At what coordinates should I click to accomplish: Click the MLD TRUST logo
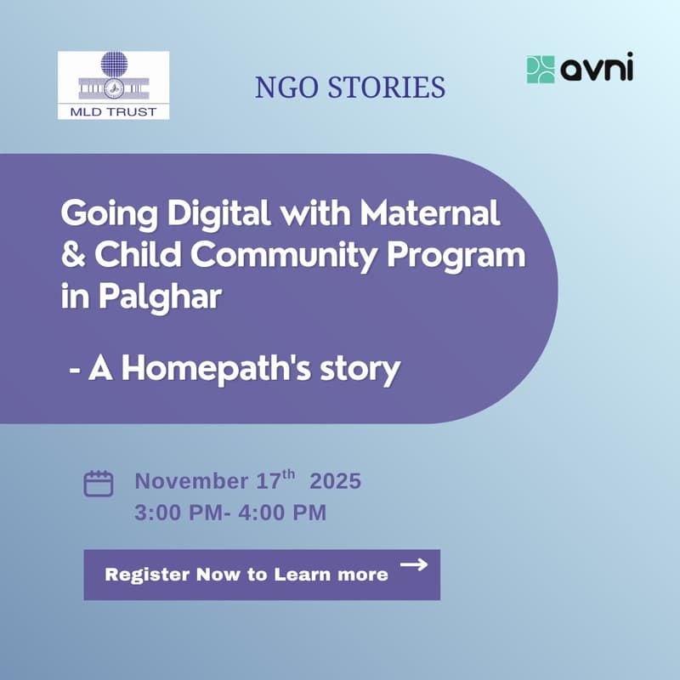[x=113, y=85]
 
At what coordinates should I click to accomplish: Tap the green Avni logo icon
[x=541, y=69]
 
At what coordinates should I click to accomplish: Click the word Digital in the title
[x=220, y=215]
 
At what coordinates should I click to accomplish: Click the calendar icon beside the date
[x=99, y=484]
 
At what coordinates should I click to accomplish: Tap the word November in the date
[x=192, y=481]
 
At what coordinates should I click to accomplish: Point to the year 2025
[x=335, y=481]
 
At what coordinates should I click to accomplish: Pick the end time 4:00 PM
[x=285, y=513]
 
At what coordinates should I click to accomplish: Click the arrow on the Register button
[x=413, y=564]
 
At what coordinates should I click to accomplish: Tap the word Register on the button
[x=147, y=575]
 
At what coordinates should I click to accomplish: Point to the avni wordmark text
[x=597, y=69]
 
